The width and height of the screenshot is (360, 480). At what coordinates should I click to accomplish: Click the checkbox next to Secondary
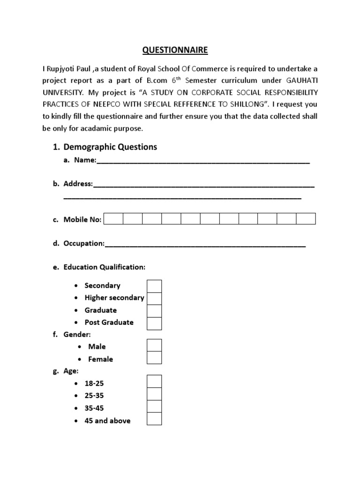[x=154, y=286]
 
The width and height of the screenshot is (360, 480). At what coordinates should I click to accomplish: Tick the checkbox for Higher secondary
[x=154, y=298]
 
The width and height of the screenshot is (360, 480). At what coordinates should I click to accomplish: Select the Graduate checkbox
[x=154, y=310]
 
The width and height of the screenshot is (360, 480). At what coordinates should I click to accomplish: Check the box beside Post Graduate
[x=154, y=323]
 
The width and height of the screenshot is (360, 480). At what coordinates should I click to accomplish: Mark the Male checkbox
[x=154, y=345]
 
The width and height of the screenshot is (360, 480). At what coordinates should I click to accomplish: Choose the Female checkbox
[x=154, y=358]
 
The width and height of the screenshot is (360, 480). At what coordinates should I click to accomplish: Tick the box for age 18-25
[x=154, y=382]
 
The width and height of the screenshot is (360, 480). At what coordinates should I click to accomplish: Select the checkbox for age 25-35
[x=154, y=394]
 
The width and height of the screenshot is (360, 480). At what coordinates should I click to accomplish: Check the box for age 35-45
[x=154, y=406]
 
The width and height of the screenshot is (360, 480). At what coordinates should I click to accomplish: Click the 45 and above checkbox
[x=154, y=419]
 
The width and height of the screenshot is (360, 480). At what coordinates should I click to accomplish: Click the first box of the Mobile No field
[x=113, y=219]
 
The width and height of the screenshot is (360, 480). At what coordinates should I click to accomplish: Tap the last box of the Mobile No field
[x=306, y=219]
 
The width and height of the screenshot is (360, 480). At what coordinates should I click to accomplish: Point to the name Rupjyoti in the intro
[x=62, y=69]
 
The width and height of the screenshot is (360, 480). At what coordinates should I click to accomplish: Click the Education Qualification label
[x=105, y=267]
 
